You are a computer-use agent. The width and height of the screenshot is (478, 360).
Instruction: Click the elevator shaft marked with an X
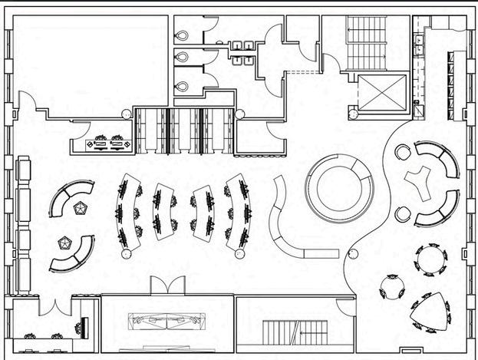tap(381, 96)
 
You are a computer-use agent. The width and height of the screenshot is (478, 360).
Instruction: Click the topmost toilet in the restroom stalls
tap(181, 36)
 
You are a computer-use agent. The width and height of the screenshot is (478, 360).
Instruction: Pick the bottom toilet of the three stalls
tap(181, 85)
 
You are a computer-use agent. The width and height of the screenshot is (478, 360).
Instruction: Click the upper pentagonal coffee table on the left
tap(81, 207)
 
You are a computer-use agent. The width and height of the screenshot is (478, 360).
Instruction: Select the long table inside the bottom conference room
tap(168, 321)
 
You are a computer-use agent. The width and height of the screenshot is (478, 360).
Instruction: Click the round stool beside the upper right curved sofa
tap(400, 152)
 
